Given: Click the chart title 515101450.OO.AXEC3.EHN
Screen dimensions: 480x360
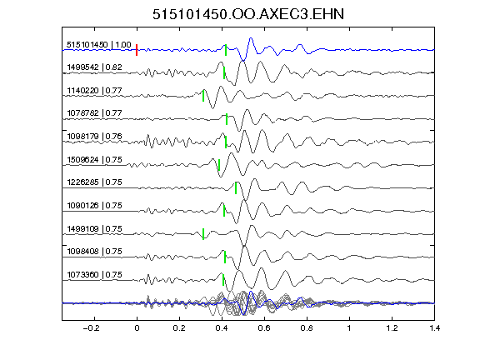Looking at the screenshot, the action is pos(248,14).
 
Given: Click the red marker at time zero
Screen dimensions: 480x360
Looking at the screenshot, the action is pos(137,50).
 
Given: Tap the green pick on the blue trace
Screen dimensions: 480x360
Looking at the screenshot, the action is pos(226,50).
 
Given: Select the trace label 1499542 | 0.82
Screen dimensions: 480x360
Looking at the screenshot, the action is pos(94,67).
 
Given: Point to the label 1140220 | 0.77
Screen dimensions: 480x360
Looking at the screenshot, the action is pos(94,91).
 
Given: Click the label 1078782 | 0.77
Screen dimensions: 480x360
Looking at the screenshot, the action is pos(94,113).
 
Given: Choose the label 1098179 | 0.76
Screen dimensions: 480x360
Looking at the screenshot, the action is pos(94,136).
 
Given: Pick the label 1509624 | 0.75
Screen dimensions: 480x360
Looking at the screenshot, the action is pos(94,159).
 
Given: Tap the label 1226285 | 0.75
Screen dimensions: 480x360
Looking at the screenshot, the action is pos(94,182).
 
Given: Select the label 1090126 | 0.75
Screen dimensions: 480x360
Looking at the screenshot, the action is pos(94,205).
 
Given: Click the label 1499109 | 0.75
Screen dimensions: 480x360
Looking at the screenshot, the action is pos(94,228).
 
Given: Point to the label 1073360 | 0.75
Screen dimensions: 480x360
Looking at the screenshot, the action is pos(94,275).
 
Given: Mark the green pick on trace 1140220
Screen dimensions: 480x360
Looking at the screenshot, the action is pos(203,96).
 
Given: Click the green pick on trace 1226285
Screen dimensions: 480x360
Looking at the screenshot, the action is pos(236,188).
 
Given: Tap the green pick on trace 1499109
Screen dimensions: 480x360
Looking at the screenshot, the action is pos(203,234).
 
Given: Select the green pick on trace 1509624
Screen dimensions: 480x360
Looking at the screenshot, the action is pos(219,165).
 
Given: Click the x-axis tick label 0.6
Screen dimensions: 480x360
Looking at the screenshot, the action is pos(264,328).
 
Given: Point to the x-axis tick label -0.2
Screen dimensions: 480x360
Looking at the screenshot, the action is pos(92,328).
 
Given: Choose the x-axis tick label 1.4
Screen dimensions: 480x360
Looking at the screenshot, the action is pos(435,328).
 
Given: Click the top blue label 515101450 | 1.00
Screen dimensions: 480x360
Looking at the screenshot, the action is pos(98,45).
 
